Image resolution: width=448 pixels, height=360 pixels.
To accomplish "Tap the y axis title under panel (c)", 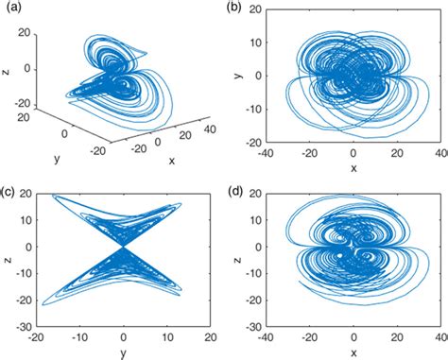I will (x=124, y=352).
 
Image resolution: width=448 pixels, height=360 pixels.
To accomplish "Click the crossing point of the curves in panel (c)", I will (x=123, y=248).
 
